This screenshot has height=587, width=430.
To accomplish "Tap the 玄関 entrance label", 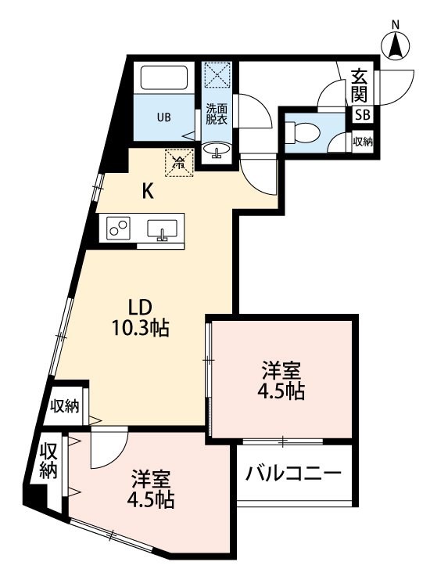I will [x=360, y=85].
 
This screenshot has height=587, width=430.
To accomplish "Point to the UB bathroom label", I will [x=163, y=119].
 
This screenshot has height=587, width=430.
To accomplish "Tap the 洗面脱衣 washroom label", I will [x=216, y=114].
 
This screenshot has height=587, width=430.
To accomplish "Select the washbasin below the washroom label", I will [x=216, y=149].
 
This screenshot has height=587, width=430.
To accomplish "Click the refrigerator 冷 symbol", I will [x=179, y=163].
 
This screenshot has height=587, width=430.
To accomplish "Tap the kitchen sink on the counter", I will [x=162, y=229].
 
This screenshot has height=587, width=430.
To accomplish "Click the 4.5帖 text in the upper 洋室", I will [x=281, y=391].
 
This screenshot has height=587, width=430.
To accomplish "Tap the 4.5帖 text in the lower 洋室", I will [x=152, y=499].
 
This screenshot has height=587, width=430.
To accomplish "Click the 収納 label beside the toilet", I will [x=363, y=142].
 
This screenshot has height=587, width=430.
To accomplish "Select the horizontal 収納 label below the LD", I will [x=65, y=405].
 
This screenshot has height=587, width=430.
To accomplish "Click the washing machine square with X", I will [x=216, y=75].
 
